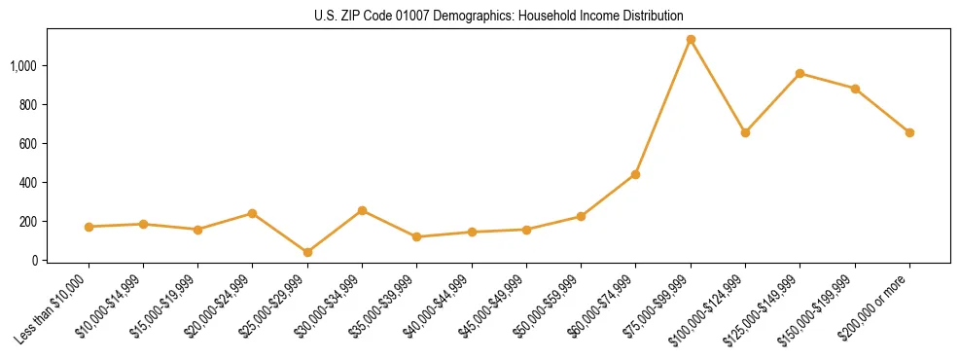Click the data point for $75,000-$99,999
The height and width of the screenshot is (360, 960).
(691, 40)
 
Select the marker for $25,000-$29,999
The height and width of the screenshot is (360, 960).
(307, 253)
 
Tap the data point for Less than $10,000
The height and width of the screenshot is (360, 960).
(89, 227)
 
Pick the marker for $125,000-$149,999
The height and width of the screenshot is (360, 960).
(800, 74)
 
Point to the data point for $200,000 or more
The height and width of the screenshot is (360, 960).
(909, 132)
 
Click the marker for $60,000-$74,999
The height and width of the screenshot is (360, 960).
(635, 174)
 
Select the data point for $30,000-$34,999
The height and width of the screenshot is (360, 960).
(362, 210)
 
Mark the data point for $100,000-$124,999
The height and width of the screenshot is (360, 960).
(745, 132)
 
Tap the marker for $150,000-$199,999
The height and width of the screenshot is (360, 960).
(855, 89)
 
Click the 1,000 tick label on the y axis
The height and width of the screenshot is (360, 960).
(24, 66)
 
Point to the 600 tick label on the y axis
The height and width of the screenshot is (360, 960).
(29, 144)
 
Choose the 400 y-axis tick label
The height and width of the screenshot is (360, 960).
(29, 183)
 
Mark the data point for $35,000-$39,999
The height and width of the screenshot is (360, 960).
(416, 236)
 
